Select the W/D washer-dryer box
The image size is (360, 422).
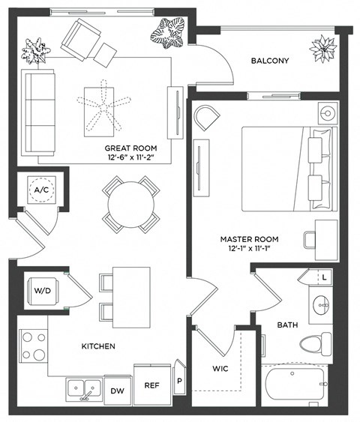42,290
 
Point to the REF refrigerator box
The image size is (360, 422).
151,385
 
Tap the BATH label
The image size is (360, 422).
288,325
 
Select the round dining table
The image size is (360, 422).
130,204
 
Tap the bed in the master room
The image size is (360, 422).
286,166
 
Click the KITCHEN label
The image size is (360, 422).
98,346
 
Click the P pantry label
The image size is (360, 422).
178,381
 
